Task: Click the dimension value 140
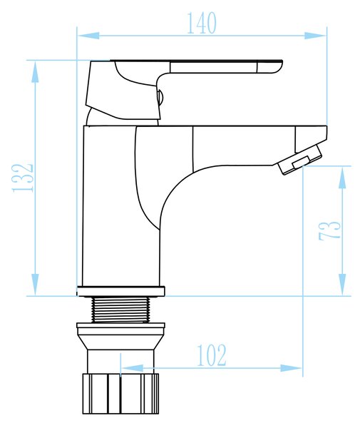point(202,23)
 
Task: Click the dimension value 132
point(23,178)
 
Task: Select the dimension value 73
point(330,230)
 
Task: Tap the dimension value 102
point(211,355)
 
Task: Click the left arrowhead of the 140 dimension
point(88,36)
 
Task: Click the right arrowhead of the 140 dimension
point(315,36)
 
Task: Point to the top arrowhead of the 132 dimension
point(35,71)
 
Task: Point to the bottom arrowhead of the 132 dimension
point(35,285)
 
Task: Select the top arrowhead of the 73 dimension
point(342,177)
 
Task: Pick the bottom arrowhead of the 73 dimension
point(342,285)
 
